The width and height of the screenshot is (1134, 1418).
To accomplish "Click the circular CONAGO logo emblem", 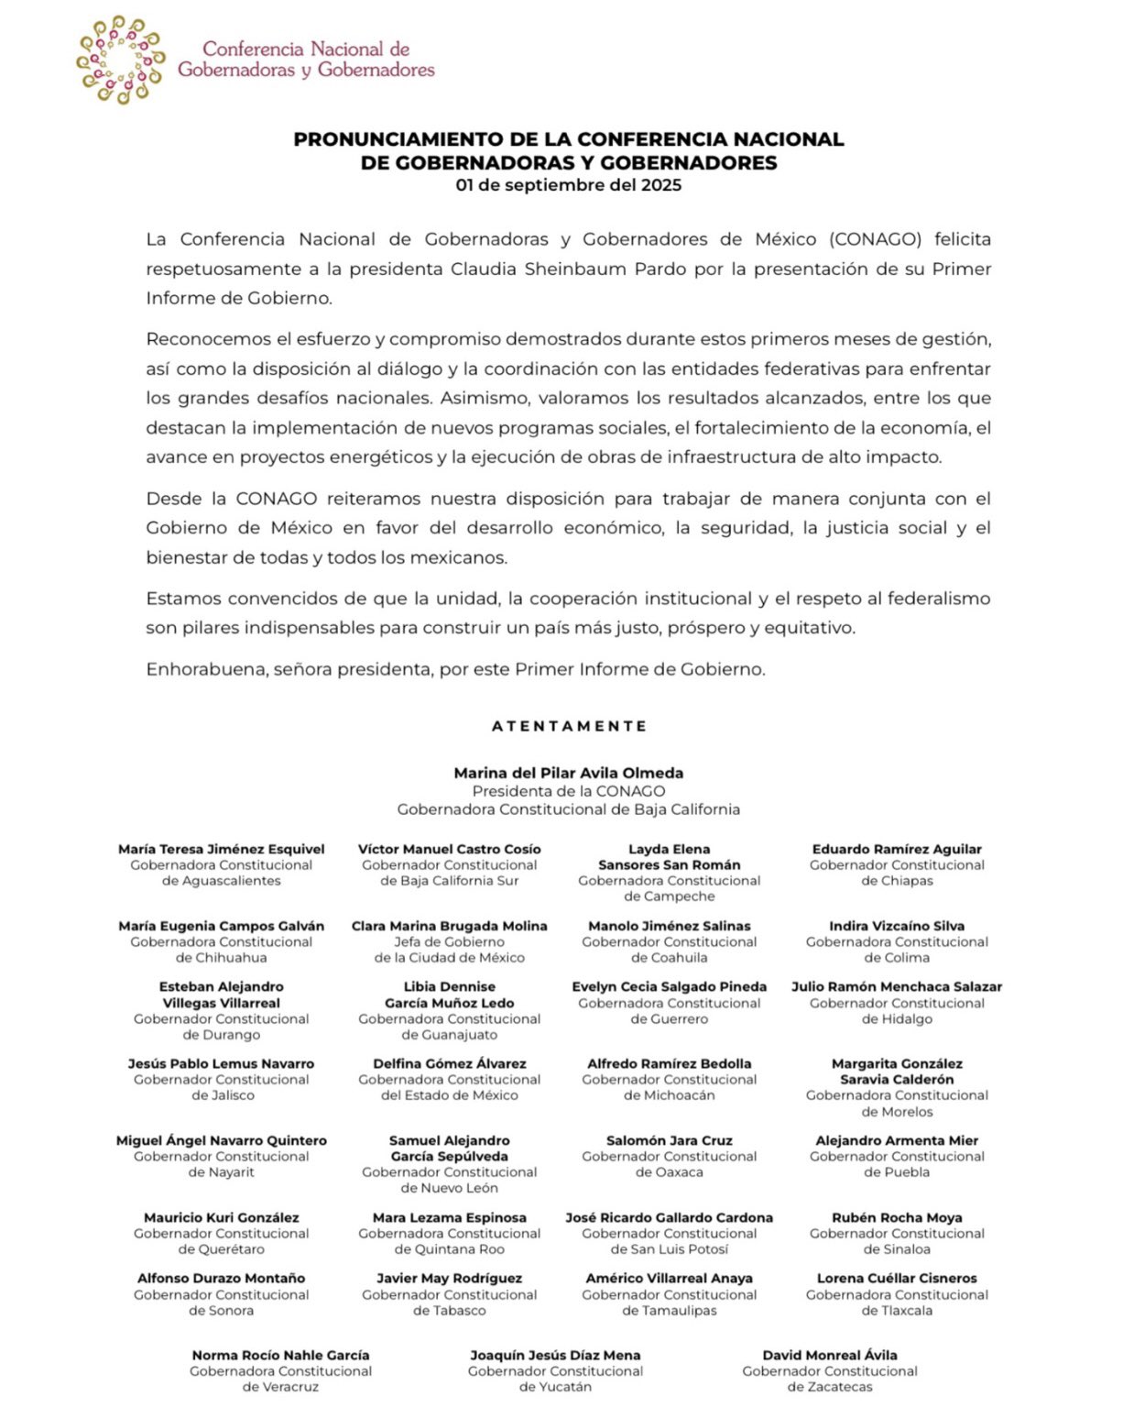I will click(120, 60).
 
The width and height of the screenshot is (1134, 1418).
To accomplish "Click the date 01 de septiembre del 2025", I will click(568, 185).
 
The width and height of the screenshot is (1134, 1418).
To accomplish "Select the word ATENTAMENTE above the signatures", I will click(569, 726).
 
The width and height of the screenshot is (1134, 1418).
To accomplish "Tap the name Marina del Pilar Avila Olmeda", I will click(568, 773).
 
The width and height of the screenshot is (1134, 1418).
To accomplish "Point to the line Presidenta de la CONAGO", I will click(568, 791).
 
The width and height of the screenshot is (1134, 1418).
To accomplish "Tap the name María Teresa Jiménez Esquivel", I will click(221, 849).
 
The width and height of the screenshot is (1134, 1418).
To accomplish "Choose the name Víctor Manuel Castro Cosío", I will click(449, 849).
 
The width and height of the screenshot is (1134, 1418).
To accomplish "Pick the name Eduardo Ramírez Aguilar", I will click(897, 849).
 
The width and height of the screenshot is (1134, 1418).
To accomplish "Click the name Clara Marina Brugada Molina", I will click(449, 926).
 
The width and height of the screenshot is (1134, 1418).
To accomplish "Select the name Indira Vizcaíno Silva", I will click(897, 926).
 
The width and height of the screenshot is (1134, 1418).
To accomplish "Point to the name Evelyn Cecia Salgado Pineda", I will click(669, 986).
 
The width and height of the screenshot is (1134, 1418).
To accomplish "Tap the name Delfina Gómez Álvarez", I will click(449, 1063).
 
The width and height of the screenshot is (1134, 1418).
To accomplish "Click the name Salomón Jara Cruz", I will click(669, 1140).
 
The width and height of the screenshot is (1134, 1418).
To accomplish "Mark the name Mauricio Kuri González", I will click(221, 1217).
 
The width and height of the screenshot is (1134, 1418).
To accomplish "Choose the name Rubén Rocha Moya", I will click(897, 1217).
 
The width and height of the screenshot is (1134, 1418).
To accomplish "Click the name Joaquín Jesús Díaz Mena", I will click(555, 1355).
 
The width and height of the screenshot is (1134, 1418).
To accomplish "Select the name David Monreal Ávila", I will click(829, 1355).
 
